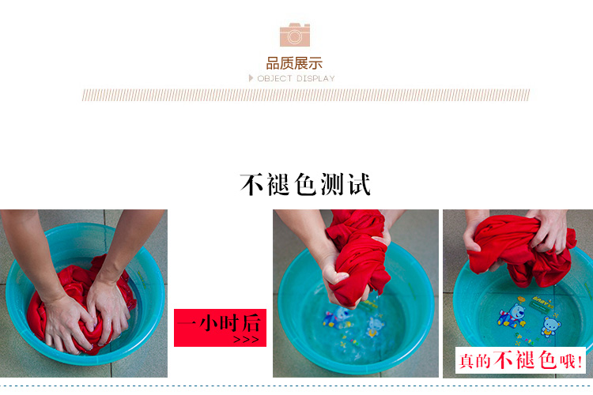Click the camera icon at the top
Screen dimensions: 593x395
click(x=295, y=35)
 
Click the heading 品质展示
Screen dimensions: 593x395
click(x=294, y=63)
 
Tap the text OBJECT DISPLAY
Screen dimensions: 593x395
click(x=296, y=79)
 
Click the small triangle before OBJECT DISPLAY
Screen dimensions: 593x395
click(x=251, y=78)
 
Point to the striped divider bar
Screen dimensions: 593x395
click(x=305, y=95)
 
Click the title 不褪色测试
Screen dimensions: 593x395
click(x=305, y=184)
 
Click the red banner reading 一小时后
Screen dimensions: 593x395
click(x=220, y=328)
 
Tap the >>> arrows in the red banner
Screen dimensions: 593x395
click(x=246, y=340)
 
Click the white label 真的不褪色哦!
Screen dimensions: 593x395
click(x=520, y=360)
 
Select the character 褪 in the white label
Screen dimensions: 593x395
click(x=525, y=359)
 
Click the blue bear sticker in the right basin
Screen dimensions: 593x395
click(x=512, y=315)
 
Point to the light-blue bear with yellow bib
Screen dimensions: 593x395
click(x=550, y=326)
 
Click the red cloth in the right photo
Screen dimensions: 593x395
click(x=522, y=250)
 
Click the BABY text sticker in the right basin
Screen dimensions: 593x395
click(x=542, y=301)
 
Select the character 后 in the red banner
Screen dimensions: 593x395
click(x=251, y=323)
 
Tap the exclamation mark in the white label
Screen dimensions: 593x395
click(x=580, y=362)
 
